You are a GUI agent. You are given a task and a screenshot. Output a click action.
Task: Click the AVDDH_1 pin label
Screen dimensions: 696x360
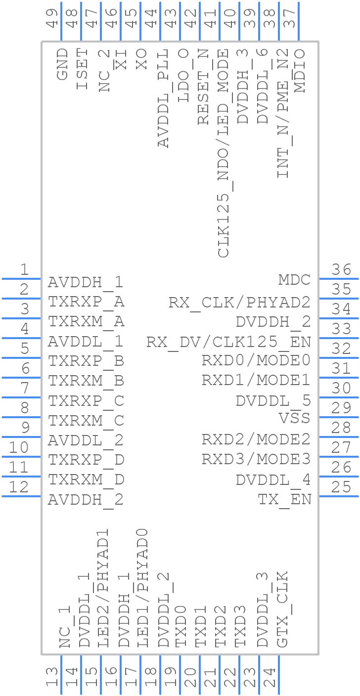pos(85,282)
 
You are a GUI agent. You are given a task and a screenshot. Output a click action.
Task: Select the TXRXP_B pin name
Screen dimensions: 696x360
pos(86,361)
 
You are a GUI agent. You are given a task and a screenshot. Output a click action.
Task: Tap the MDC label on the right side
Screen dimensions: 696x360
pos(294,280)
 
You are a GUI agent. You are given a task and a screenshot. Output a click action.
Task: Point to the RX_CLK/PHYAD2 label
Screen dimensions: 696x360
pos(239,302)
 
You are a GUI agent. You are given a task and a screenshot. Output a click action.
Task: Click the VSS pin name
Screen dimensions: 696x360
pos(294,418)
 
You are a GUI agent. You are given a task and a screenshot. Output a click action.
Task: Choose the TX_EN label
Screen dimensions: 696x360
pos(284,499)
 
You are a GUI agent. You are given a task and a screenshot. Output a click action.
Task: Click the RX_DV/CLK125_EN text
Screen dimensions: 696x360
pos(228,342)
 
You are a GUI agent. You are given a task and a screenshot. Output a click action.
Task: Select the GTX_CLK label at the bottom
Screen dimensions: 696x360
pos(282,609)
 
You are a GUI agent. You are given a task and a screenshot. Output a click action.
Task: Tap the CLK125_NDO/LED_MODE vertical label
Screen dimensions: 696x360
pos(224,153)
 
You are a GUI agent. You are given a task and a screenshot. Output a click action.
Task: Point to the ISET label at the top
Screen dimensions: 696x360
pos(82,69)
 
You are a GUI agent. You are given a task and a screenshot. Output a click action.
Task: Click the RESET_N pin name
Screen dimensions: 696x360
pos(203,87)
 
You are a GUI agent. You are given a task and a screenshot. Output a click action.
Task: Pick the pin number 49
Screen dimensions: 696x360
pos(52,17)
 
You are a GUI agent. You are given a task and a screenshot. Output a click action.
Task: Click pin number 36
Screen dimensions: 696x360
pos(342,270)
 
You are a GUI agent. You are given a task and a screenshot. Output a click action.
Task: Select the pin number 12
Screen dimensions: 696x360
pos(19,487)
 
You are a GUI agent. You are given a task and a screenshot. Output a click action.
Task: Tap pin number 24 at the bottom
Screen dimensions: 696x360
pos(270,677)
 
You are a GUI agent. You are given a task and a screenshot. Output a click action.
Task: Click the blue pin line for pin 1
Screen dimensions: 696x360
pos(21,279)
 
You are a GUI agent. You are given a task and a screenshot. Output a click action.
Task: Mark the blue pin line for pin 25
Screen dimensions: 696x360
pos(339,496)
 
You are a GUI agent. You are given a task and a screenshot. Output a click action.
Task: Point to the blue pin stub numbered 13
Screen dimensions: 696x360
pos(61,675)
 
